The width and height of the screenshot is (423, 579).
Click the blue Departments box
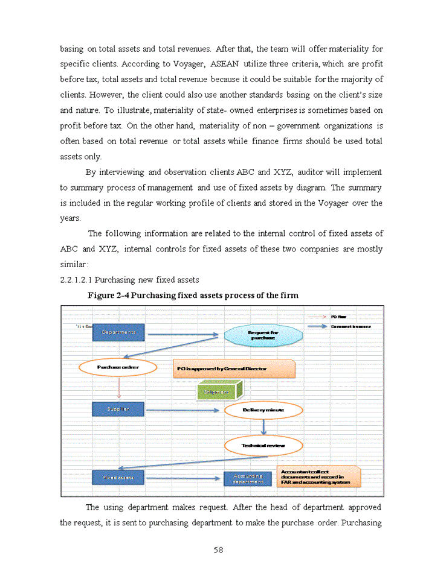coord(118,332)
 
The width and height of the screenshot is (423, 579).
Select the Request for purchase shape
coord(263,335)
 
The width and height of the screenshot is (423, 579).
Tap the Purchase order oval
coord(118,367)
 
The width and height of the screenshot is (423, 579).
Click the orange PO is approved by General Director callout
coord(233,368)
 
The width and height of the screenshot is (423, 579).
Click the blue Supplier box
coord(118,409)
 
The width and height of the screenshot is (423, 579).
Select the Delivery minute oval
coord(263,410)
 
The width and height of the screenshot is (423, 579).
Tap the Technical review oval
coord(263,446)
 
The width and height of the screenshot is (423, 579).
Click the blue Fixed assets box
coord(118,477)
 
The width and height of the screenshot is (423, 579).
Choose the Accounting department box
coord(248,479)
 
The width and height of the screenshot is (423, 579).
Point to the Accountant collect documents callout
coord(319,476)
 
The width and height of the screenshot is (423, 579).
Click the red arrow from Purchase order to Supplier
coord(118,388)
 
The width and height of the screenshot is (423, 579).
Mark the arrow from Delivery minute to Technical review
coord(263,428)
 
